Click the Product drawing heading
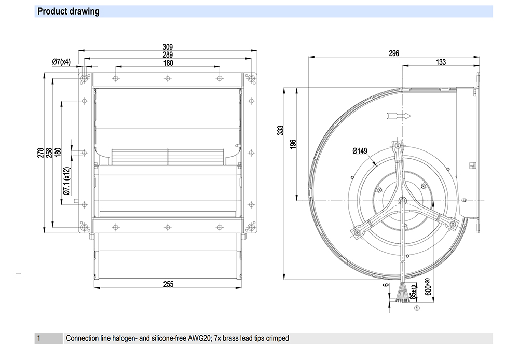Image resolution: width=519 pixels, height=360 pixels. click(68, 11)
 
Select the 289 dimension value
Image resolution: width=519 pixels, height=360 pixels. click(168, 54)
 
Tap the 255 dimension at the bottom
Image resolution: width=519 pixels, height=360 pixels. click(168, 284)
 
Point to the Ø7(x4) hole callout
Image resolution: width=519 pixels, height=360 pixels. click(61, 62)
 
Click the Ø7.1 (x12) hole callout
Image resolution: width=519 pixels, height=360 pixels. click(66, 181)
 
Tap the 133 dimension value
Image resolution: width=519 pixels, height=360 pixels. click(440, 62)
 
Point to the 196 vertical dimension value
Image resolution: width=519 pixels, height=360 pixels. click(293, 143)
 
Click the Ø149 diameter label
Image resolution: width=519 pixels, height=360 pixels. click(360, 151)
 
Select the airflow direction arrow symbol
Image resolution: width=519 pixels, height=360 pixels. click(398, 115)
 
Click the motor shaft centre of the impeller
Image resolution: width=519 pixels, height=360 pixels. click(403, 201)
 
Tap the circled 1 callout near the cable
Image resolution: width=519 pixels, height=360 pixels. click(416, 307)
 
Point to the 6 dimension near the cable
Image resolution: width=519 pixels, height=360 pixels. click(385, 285)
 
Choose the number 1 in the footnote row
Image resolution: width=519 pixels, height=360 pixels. click(38, 338)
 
